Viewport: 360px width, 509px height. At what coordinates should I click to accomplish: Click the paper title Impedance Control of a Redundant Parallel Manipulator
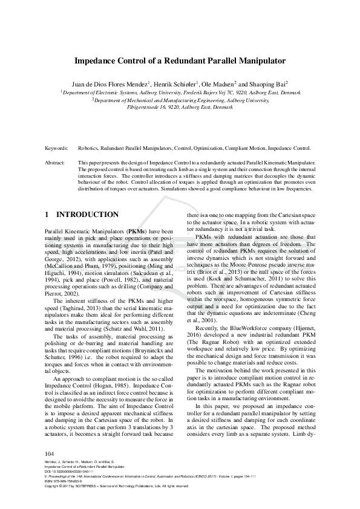[180, 62]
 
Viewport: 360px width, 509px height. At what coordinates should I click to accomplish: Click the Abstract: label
[56, 163]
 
